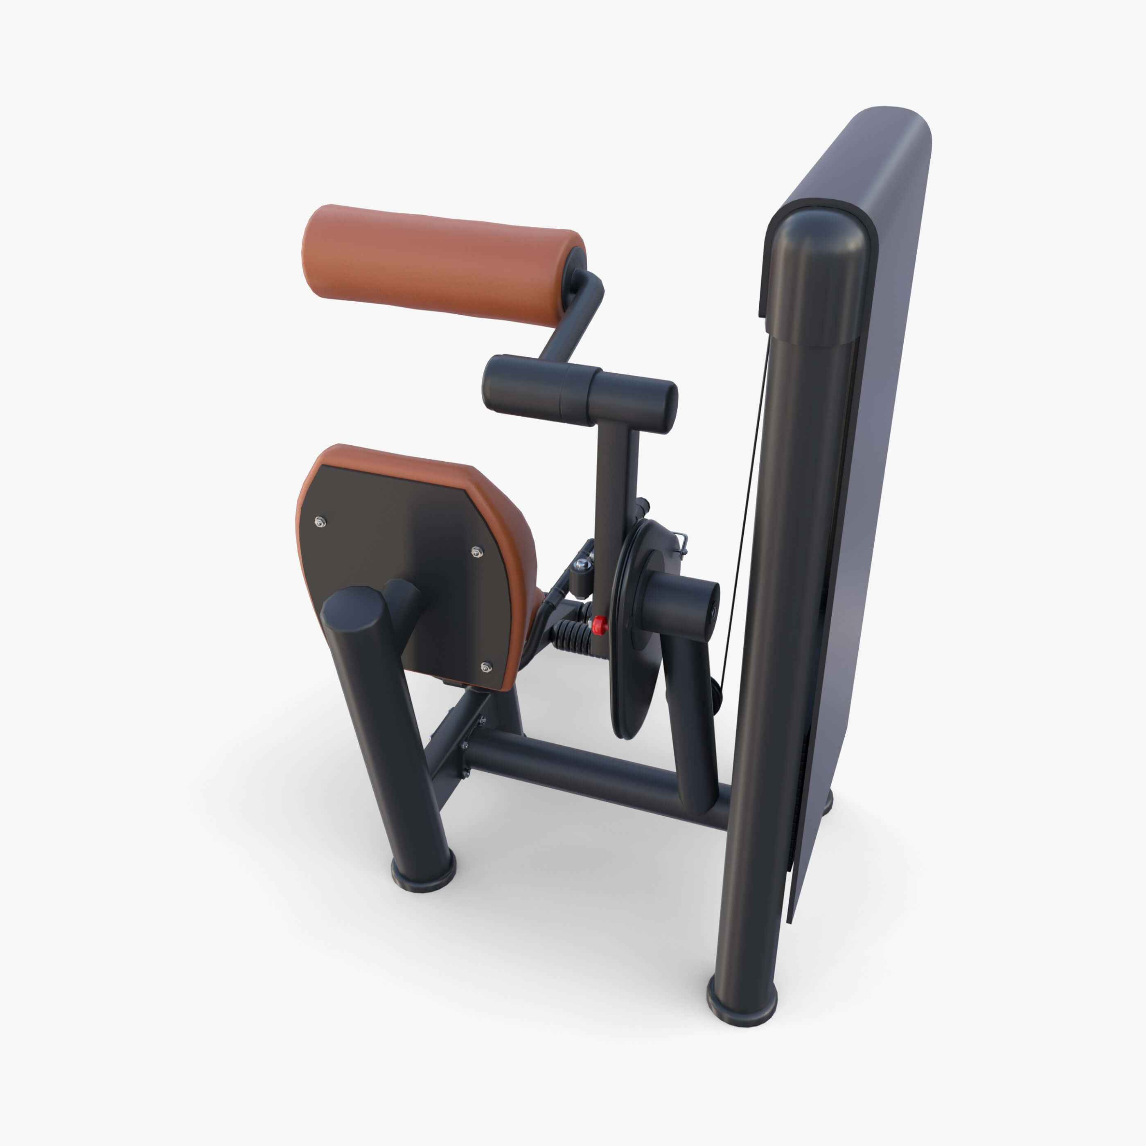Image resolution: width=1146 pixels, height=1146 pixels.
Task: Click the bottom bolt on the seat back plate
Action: tap(486, 667)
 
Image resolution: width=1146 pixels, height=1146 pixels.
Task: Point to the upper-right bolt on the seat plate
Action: tap(476, 552)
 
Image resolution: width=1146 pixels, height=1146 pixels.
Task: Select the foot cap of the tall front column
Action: tap(742, 1002)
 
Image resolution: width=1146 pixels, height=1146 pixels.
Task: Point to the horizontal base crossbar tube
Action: tap(593, 765)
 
